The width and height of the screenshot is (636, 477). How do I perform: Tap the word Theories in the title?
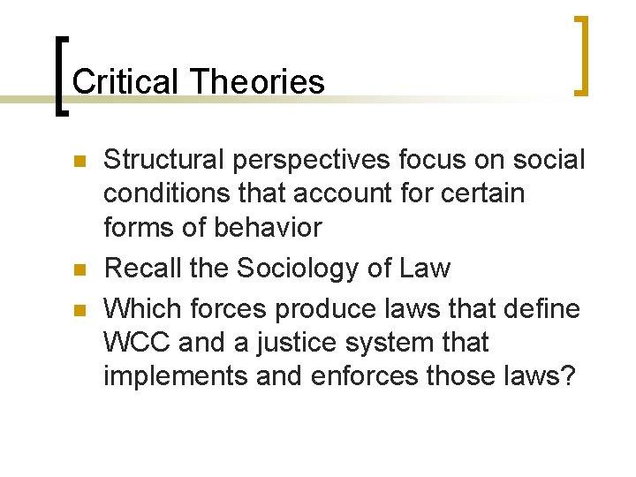coord(257,82)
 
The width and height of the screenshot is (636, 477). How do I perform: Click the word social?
coord(549,160)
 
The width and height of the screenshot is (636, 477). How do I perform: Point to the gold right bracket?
coord(582,55)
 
